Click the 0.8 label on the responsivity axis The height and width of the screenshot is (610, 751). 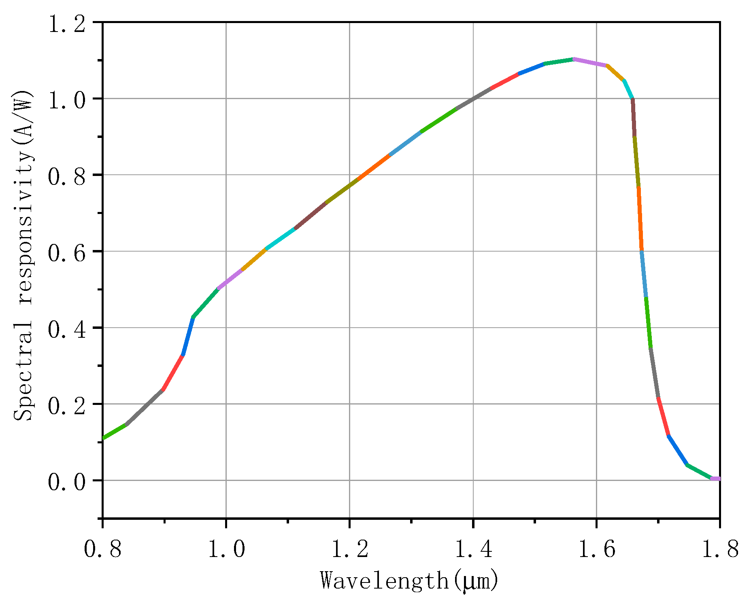67,176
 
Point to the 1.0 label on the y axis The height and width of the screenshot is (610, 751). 67,100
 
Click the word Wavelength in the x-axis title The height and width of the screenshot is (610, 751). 385,581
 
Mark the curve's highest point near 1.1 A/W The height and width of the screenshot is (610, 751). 574,59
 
